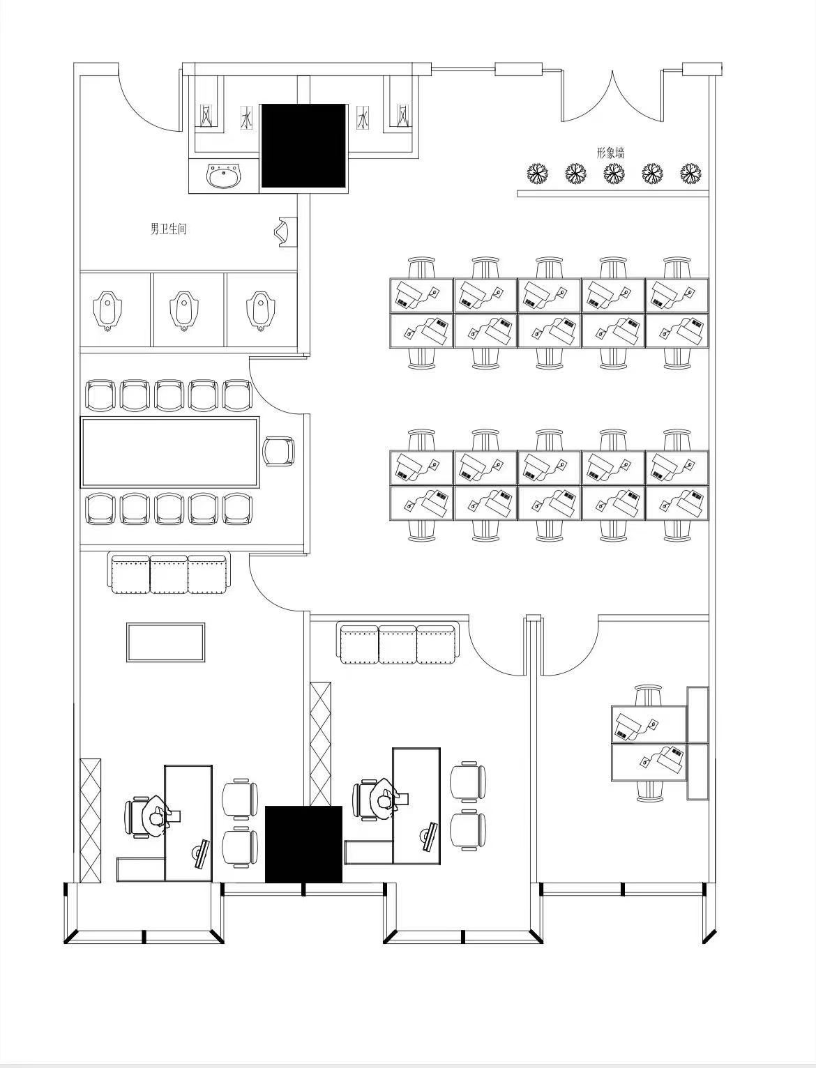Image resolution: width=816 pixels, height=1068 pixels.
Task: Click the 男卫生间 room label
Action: [x=168, y=229]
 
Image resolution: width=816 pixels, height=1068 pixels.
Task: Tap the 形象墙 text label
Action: [x=611, y=153]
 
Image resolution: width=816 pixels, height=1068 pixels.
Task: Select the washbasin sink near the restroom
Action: [x=224, y=176]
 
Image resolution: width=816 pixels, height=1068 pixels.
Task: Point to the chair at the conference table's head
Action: [x=279, y=451]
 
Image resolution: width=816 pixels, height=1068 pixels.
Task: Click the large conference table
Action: [x=169, y=452]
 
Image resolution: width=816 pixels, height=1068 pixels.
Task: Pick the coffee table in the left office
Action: [x=165, y=642]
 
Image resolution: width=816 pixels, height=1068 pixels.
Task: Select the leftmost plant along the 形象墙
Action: [x=538, y=173]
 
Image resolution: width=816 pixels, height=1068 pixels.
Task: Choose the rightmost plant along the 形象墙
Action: [x=690, y=173]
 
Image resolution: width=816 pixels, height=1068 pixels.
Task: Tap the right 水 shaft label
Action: [x=363, y=119]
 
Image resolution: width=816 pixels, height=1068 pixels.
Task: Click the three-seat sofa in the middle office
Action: [x=398, y=644]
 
